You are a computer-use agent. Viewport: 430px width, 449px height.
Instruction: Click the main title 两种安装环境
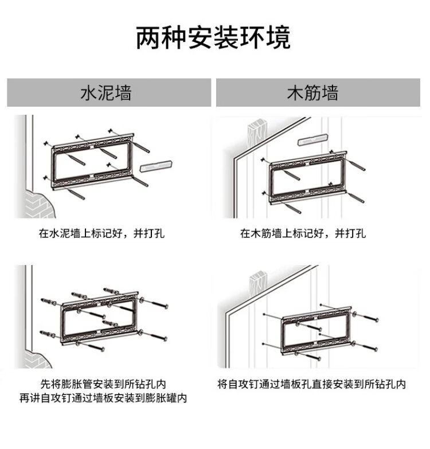pyautogui.click(x=213, y=38)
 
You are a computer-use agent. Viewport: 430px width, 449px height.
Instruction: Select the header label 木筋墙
pyautogui.click(x=312, y=93)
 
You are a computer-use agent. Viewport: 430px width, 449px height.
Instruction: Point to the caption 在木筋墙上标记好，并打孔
pyautogui.click(x=303, y=233)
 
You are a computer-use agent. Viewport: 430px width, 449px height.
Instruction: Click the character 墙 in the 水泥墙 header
pyautogui.click(x=123, y=93)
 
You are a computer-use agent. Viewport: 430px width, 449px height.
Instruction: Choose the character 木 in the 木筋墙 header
pyautogui.click(x=295, y=93)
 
